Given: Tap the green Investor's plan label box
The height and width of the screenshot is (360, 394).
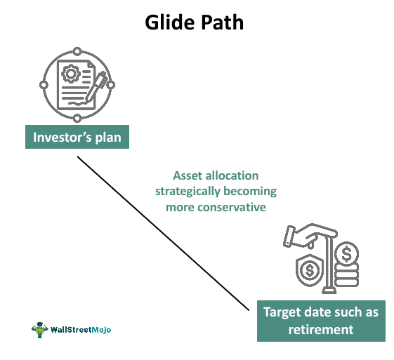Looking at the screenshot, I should coord(77,137).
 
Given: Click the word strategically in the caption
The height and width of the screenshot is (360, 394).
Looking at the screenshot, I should coord(188,192).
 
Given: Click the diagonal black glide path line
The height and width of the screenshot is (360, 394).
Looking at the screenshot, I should coord(162,232).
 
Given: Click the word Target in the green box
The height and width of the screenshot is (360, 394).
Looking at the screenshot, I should coord(282,312).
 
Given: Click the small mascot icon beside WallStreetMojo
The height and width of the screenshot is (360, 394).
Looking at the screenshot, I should coord(39,328).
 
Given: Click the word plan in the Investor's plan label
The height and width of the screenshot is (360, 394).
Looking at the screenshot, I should coord(106,137).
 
